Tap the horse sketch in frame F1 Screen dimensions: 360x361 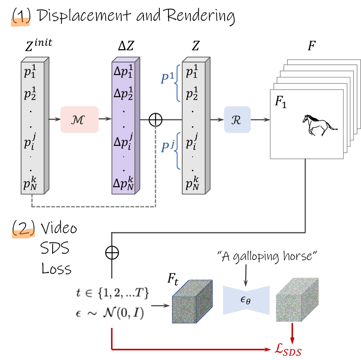pyautogui.click(x=320, y=125)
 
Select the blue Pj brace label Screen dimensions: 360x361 pyautogui.click(x=166, y=147)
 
